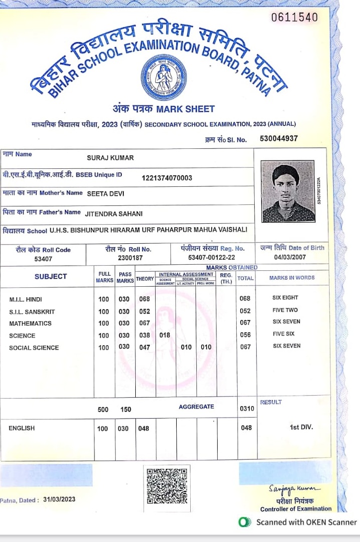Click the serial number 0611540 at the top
(295, 18)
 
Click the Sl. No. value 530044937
(279, 139)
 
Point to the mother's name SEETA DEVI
(105, 193)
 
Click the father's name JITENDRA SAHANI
(114, 213)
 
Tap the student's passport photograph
(288, 191)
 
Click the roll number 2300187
(130, 258)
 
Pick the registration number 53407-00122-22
(212, 258)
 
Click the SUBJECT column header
(50, 276)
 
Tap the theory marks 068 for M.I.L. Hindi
(144, 299)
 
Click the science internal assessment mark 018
(164, 336)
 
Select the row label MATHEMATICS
(30, 324)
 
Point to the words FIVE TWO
(285, 310)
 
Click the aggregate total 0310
(247, 409)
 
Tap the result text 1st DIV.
(302, 427)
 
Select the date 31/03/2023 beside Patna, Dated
(59, 500)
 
